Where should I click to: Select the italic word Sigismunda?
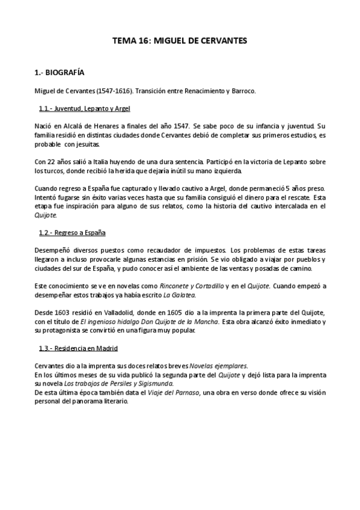[154, 383]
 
